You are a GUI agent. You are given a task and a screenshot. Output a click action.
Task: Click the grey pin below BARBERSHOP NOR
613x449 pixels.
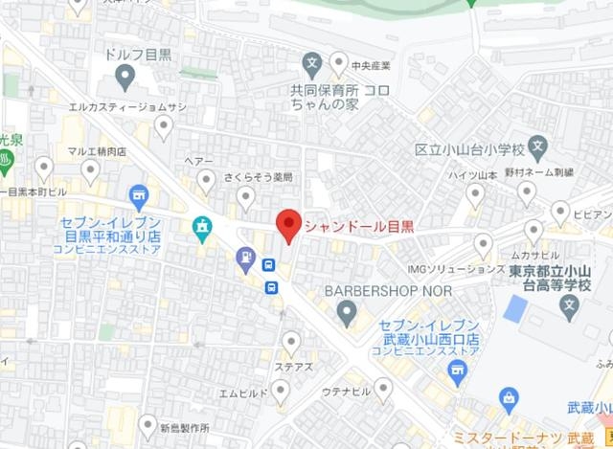coord(346,311)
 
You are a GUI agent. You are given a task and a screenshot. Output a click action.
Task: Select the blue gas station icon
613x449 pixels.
coord(246,257)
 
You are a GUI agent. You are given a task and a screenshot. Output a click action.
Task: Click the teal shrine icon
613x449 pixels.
coord(202,226)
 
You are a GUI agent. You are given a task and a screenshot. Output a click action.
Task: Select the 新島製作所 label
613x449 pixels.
coord(190,428)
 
